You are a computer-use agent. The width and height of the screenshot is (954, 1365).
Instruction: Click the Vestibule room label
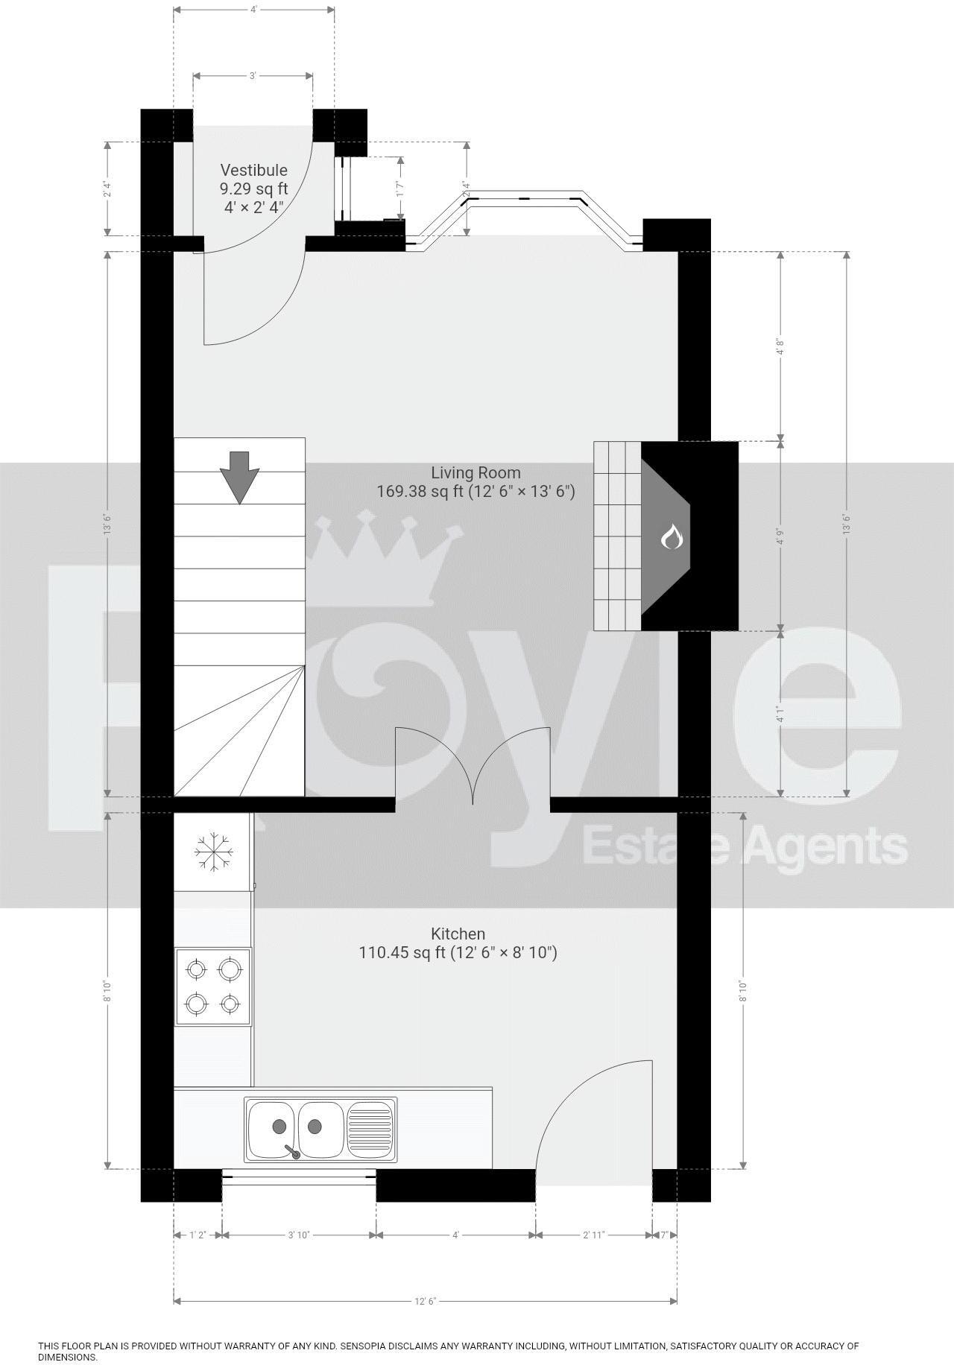point(253,171)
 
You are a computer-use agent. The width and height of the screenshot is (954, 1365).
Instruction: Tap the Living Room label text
point(476,472)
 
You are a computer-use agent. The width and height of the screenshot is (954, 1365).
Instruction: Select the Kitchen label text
point(458,934)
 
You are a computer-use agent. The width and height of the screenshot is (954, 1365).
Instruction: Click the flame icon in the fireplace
point(672,536)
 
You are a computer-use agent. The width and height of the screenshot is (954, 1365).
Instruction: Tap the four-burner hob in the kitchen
point(213,986)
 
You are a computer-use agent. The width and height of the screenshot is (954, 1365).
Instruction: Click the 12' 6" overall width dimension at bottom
point(425,1301)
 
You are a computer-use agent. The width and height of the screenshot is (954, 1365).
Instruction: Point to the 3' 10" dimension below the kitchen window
point(299,1235)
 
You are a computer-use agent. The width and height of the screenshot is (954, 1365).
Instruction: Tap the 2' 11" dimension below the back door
point(593,1235)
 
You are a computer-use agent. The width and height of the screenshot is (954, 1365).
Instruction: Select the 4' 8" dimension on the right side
point(780,346)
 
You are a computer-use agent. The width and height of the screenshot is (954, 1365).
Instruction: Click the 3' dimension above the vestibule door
point(253,75)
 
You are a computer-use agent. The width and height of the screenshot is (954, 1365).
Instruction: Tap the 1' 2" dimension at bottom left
point(198,1235)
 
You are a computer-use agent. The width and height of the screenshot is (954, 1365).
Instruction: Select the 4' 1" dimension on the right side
point(780,714)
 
